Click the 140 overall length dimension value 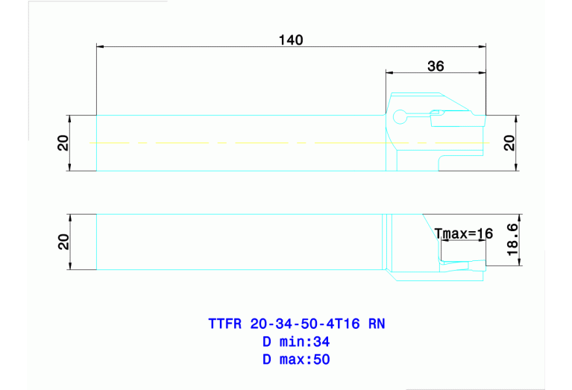pos(292,40)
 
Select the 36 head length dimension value pos(436,66)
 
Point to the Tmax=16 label pos(464,233)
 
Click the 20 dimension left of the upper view pos(63,142)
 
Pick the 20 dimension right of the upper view pos(509,142)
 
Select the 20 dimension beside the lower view pos(63,242)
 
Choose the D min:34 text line pos(296,342)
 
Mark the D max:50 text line pos(296,359)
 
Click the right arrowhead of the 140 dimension pos(482,47)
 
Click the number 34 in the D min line pos(321,342)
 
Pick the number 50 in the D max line pos(321,359)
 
